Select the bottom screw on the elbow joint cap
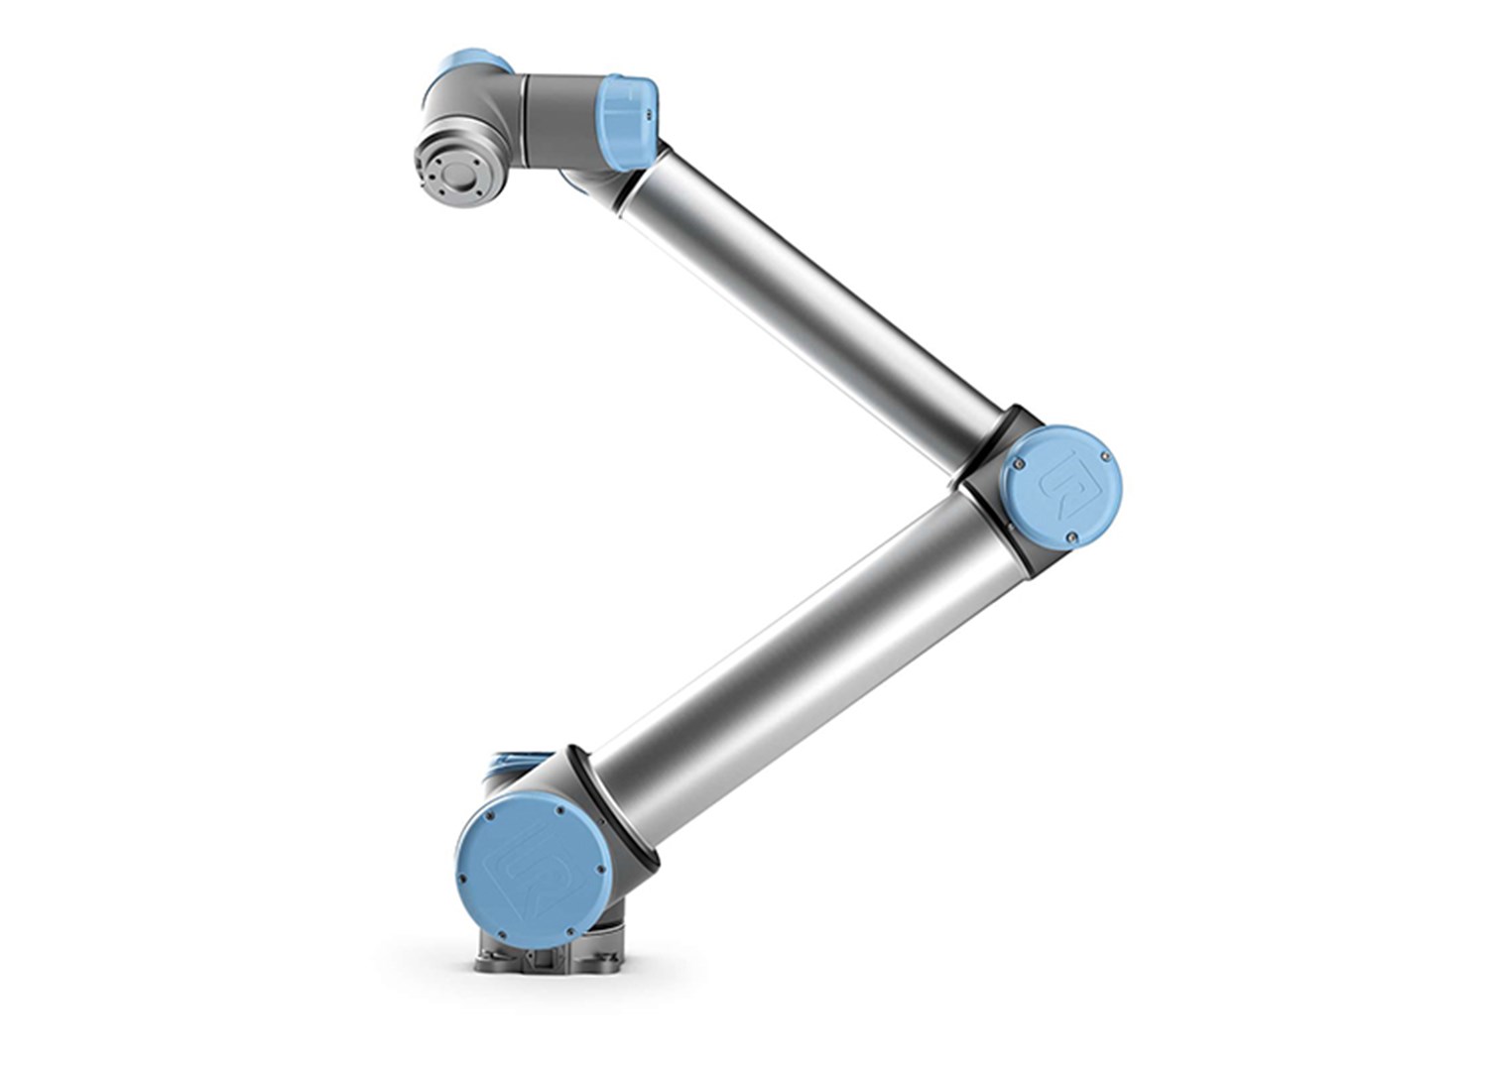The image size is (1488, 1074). click(1071, 537)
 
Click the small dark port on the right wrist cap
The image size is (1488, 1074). click(652, 114)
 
